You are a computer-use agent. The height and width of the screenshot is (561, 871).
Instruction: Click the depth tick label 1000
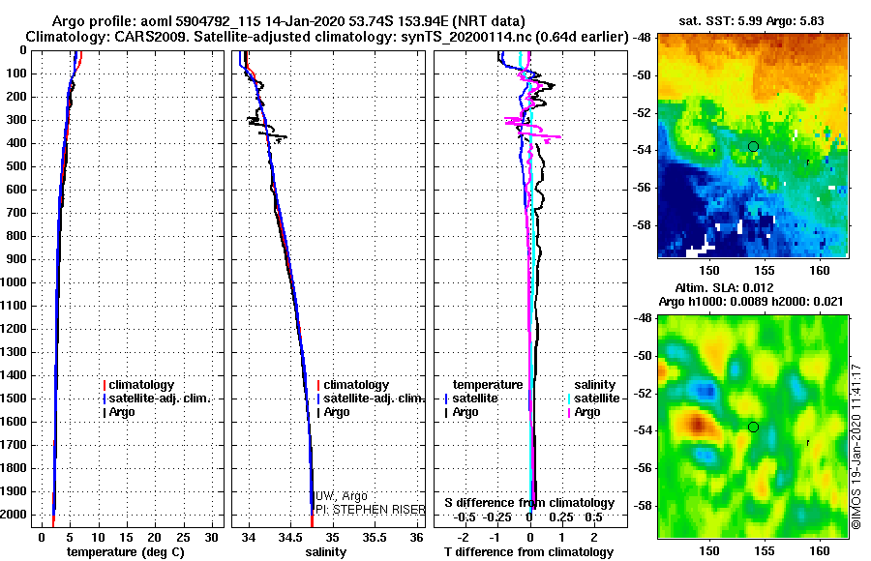click(14, 282)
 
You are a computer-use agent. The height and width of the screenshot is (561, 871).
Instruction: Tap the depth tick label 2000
click(14, 515)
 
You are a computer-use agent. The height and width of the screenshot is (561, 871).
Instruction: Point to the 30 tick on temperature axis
click(211, 538)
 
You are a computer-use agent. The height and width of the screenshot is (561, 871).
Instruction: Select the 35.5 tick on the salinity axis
click(375, 538)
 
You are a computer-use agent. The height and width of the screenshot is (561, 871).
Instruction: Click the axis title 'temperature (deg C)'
click(126, 552)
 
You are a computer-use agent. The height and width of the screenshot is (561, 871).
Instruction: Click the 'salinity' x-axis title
click(325, 552)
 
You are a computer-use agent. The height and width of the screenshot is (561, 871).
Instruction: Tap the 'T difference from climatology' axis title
click(528, 552)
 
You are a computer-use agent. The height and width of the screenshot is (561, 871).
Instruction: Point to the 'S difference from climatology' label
click(529, 503)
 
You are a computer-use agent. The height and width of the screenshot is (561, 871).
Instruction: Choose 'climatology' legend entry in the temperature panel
click(138, 385)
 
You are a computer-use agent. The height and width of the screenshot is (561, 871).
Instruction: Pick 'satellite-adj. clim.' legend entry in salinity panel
click(371, 399)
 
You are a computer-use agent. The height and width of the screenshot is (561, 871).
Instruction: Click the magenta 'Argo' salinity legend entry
click(584, 412)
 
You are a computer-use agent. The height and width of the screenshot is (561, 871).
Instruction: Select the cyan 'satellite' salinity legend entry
click(594, 399)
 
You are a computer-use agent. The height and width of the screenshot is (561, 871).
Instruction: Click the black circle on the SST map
click(753, 147)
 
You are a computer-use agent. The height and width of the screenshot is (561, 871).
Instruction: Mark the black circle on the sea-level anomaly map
click(753, 428)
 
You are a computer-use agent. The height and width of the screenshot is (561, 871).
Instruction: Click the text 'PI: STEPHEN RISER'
click(371, 510)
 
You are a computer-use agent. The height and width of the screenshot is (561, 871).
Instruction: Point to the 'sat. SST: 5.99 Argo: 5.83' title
click(751, 21)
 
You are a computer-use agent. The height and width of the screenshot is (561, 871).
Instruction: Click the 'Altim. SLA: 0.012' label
click(724, 287)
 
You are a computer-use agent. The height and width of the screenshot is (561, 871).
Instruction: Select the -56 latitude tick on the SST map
click(642, 188)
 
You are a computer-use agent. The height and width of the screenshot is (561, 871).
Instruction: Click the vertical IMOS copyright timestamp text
click(856, 446)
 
